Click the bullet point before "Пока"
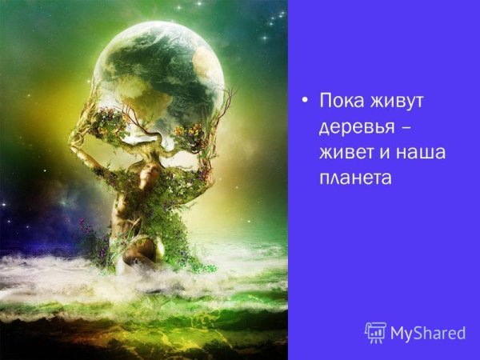(304, 102)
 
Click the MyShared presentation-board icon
(375, 331)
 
